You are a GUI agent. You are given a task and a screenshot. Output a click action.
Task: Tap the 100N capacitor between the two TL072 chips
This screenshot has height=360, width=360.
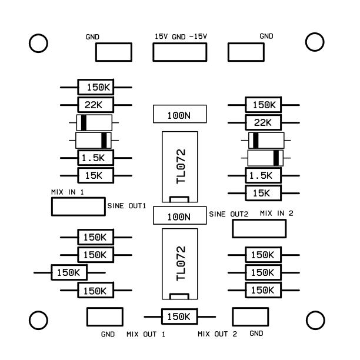click(179, 216)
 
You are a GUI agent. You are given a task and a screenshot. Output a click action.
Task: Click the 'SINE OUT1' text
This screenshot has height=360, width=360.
click(126, 206)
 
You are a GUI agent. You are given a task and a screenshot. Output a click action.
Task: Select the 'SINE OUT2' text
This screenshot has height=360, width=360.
click(230, 215)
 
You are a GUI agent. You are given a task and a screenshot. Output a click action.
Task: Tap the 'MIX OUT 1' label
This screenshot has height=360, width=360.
click(145, 335)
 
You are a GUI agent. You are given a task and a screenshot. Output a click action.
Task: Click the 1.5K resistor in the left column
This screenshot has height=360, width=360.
click(96, 158)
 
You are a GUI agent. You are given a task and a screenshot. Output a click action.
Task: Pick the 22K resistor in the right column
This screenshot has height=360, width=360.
click(263, 122)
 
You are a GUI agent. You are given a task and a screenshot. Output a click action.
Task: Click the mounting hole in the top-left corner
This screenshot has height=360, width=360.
click(38, 43)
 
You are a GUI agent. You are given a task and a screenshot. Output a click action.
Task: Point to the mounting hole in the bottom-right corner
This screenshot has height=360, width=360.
click(316, 319)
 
